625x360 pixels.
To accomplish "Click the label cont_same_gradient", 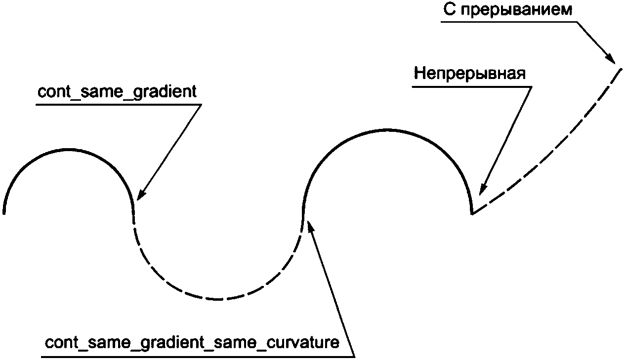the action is click(117, 92).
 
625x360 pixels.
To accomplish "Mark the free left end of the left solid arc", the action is click(4, 213).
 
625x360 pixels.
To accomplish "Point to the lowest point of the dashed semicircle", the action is click(217, 299).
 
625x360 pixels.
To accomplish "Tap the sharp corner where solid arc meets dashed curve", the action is click(472, 213).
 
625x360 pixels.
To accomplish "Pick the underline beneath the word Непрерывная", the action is click(472, 87).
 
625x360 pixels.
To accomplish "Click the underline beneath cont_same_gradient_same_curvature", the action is click(198, 356).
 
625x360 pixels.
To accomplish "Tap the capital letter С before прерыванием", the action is click(449, 10).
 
